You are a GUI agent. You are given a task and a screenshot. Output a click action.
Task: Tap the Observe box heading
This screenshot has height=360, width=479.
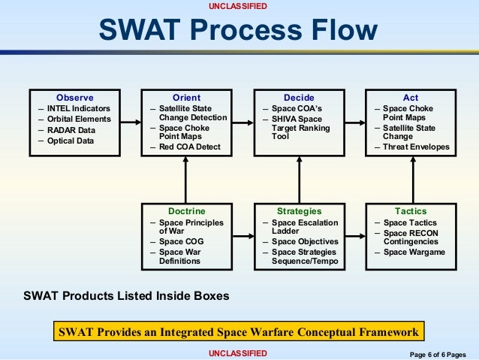[74, 98]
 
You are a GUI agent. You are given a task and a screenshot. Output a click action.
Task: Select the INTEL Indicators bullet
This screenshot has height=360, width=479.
[78, 109]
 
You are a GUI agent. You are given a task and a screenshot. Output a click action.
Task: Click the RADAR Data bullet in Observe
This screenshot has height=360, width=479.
[71, 129]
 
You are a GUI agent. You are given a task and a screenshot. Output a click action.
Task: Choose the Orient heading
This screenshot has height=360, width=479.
[186, 98]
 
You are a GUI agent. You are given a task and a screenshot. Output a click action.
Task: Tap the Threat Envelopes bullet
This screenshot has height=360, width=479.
[416, 147]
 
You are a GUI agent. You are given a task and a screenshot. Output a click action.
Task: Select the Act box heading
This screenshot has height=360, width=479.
[411, 98]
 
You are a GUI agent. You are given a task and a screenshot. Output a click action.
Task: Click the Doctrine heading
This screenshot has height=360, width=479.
[186, 212]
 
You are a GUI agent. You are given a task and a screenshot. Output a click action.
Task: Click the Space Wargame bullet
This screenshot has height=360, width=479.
[414, 252]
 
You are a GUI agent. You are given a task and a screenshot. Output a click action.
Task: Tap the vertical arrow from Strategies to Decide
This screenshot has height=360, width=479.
[299, 180]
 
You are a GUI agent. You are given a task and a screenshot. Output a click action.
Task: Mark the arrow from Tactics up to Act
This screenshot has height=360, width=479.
[411, 180]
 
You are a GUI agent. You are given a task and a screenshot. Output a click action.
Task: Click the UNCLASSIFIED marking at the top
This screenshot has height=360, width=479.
[239, 6]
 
